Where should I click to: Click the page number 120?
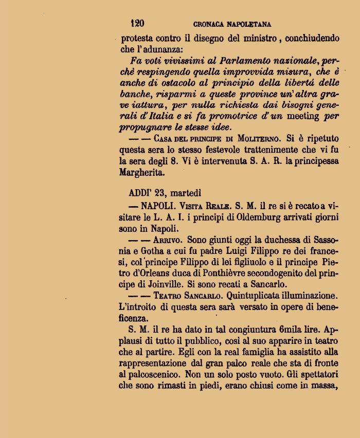pos(137,23)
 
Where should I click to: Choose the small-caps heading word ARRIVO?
pos(168,240)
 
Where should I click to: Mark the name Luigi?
pos(236,251)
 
